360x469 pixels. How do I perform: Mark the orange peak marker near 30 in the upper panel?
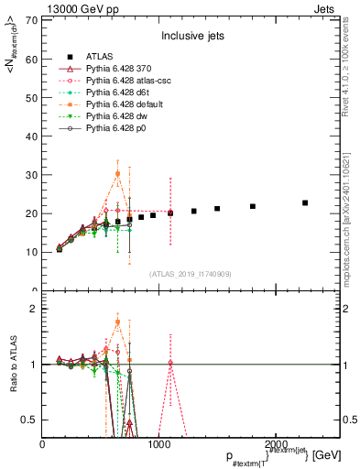coord(117,173)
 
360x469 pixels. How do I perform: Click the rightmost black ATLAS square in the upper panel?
coord(305,202)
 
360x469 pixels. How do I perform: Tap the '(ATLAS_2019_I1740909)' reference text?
coord(191,273)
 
